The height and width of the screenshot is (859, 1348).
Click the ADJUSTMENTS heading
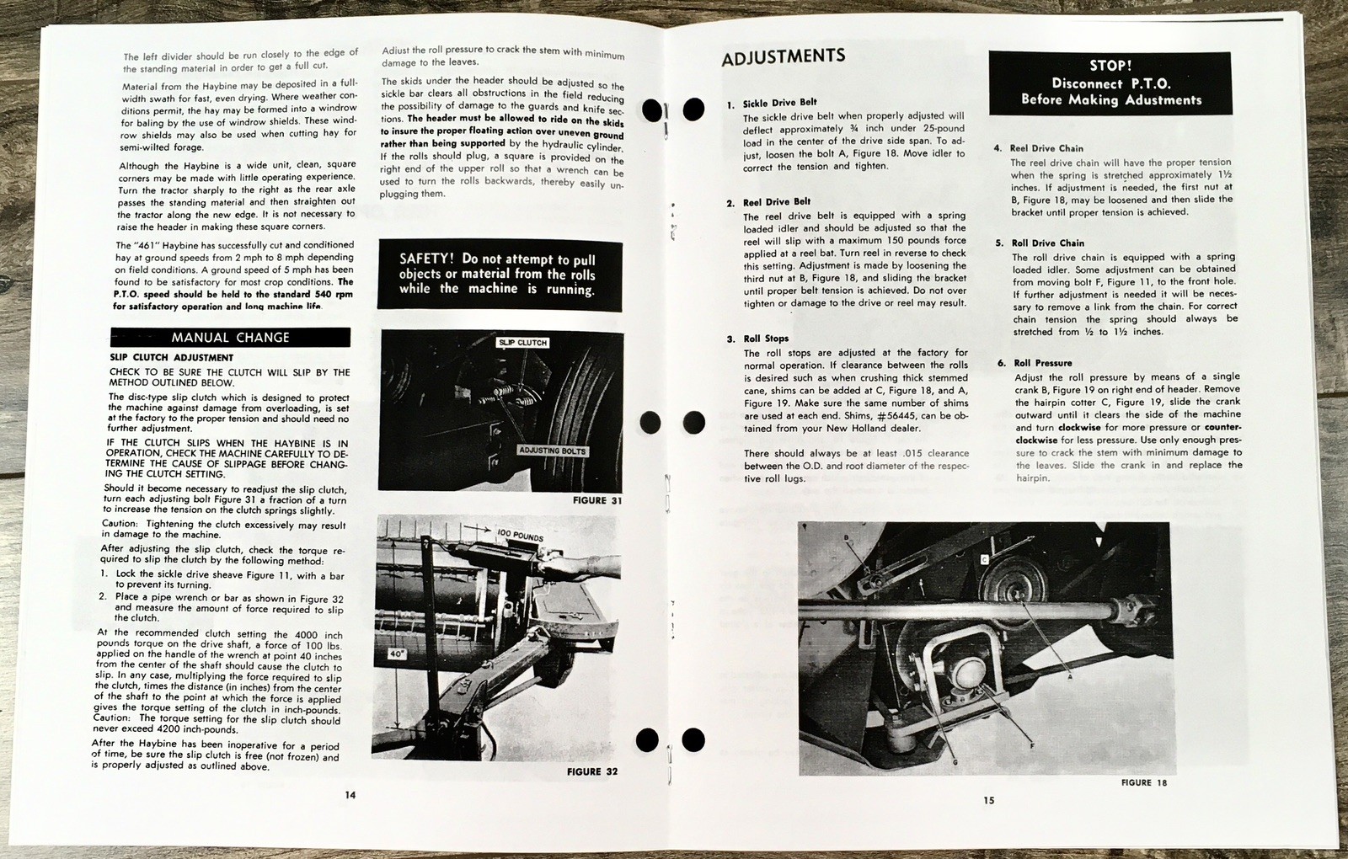[783, 57]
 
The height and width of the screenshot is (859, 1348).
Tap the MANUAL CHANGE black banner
[230, 337]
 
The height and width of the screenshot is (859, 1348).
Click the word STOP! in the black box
[1110, 66]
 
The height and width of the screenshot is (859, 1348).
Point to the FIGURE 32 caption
[591, 771]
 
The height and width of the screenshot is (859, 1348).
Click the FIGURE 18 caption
[1143, 782]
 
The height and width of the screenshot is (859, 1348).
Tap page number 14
[350, 795]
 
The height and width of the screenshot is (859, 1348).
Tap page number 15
[988, 800]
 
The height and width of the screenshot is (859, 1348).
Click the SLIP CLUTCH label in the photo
[522, 343]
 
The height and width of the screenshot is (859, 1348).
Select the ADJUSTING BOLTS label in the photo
[552, 451]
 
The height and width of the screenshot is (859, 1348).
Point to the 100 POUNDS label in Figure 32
[519, 536]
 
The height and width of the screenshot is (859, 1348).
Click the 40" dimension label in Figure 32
[396, 653]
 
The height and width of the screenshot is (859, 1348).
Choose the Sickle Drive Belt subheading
[779, 103]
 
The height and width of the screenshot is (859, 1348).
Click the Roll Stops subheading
[766, 339]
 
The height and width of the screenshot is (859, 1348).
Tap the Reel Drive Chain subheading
[1046, 148]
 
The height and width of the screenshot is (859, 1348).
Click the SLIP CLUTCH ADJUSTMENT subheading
[171, 357]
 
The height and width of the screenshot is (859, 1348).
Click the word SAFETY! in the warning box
[427, 259]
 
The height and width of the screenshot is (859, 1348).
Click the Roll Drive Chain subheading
[1047, 243]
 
